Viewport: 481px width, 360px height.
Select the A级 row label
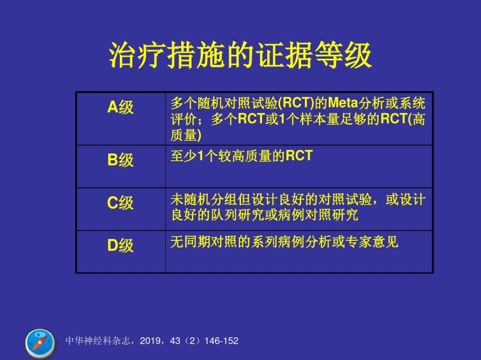120,107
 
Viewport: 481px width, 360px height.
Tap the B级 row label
120,160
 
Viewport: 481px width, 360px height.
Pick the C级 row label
120,203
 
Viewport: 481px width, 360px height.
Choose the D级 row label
120,245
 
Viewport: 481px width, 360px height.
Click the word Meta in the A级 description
343,103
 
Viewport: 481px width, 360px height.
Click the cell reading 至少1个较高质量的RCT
241,156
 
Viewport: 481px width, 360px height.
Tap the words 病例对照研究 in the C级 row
318,215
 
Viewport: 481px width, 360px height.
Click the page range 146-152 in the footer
221,341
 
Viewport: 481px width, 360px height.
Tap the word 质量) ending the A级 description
186,135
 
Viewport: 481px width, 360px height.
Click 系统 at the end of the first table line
412,103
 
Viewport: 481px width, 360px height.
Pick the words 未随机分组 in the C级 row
204,200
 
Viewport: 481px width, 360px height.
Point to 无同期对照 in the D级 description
204,242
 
